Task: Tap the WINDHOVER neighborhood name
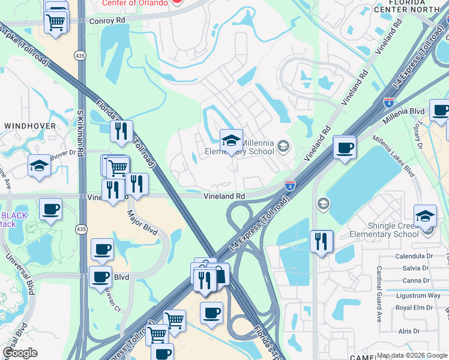[x=30, y=126]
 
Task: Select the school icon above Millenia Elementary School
[x=231, y=141]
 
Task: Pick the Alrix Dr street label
[x=409, y=331]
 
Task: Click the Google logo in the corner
[x=20, y=353]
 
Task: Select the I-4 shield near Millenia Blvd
[x=389, y=103]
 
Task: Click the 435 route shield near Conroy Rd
[x=80, y=55]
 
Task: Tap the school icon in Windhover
[x=39, y=166]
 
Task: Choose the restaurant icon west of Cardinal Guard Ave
[x=321, y=241]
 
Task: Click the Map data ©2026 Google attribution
[x=412, y=355]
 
